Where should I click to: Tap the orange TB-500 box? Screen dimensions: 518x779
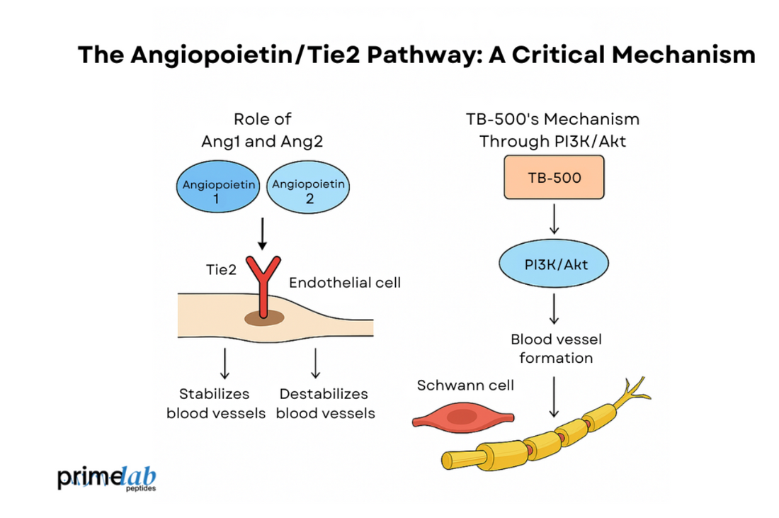[x=555, y=177]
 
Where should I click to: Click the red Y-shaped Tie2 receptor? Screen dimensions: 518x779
[x=263, y=286]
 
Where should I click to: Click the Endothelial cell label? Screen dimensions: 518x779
[x=345, y=283]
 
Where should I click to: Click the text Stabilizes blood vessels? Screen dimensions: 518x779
[x=216, y=403]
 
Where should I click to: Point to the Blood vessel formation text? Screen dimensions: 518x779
[x=555, y=349]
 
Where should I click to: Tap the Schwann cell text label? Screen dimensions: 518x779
[x=465, y=385]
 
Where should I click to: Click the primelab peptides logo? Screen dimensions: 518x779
[x=107, y=478]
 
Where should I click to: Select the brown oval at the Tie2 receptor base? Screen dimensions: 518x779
[x=264, y=318]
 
